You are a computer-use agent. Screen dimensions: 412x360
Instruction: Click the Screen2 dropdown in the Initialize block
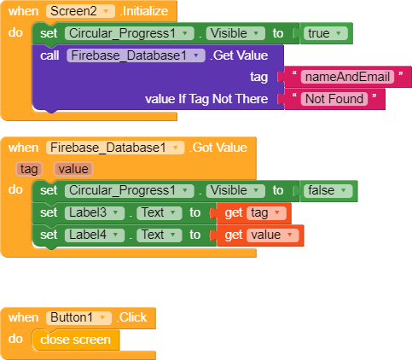click(x=80, y=11)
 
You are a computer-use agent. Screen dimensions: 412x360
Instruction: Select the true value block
click(x=326, y=33)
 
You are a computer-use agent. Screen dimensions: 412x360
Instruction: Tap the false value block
click(x=328, y=190)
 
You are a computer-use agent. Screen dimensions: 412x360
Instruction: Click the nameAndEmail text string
click(x=347, y=77)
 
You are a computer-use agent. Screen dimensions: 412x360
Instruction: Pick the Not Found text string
click(x=334, y=99)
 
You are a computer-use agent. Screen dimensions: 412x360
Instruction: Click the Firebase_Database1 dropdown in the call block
click(x=136, y=55)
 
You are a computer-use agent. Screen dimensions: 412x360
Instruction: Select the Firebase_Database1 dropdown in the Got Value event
click(x=115, y=148)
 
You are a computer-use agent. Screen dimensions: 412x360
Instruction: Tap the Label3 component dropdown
click(x=95, y=212)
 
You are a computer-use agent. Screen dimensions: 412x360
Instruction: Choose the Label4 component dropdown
click(x=95, y=235)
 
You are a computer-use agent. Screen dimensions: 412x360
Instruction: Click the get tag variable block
click(x=253, y=213)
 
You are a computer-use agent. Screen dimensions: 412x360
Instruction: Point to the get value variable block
click(x=260, y=235)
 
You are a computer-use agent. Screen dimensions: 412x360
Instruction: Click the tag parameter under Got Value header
click(x=29, y=169)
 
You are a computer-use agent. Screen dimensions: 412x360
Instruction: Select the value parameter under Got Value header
click(x=73, y=169)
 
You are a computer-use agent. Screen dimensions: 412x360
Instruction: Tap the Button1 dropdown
click(x=78, y=317)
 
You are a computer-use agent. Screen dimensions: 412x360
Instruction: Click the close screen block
click(x=76, y=340)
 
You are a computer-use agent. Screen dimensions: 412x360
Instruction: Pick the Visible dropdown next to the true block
click(x=235, y=33)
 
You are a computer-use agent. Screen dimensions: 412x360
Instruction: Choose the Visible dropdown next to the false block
click(x=235, y=190)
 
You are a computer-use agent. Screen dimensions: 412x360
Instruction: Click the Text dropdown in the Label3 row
click(x=160, y=212)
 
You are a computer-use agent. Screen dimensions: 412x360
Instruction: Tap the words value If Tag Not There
click(x=206, y=99)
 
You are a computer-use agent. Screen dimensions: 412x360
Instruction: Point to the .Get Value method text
click(x=239, y=55)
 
